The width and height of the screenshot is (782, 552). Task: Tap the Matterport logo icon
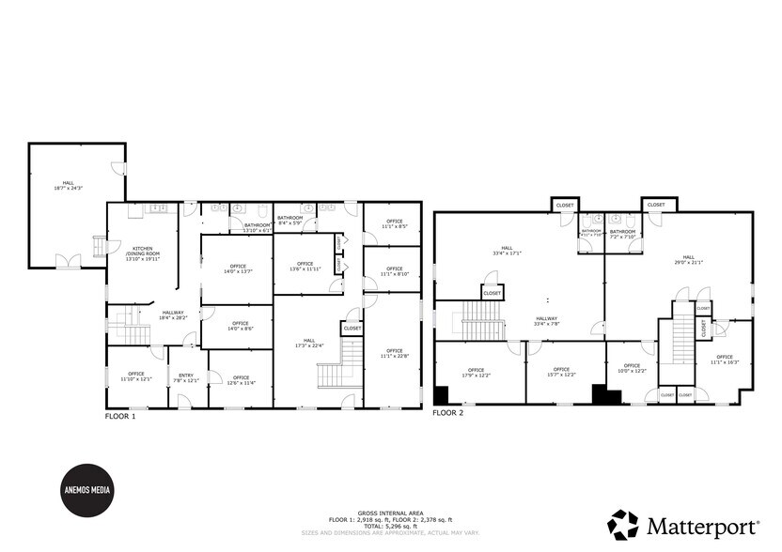624,524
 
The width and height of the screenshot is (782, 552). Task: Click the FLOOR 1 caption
120,416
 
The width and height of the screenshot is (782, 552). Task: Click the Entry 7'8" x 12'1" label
186,378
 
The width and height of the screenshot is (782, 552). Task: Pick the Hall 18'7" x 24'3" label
68,187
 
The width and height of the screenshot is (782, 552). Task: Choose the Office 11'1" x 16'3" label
724,360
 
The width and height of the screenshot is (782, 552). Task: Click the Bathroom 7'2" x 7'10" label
622,234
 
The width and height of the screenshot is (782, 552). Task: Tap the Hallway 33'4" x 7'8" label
547,322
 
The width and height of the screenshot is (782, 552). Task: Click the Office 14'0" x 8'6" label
240,327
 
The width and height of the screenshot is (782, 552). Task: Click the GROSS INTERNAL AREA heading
390,514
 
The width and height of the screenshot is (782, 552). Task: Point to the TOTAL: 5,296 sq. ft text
390,526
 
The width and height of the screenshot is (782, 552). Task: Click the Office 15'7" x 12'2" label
562,373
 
